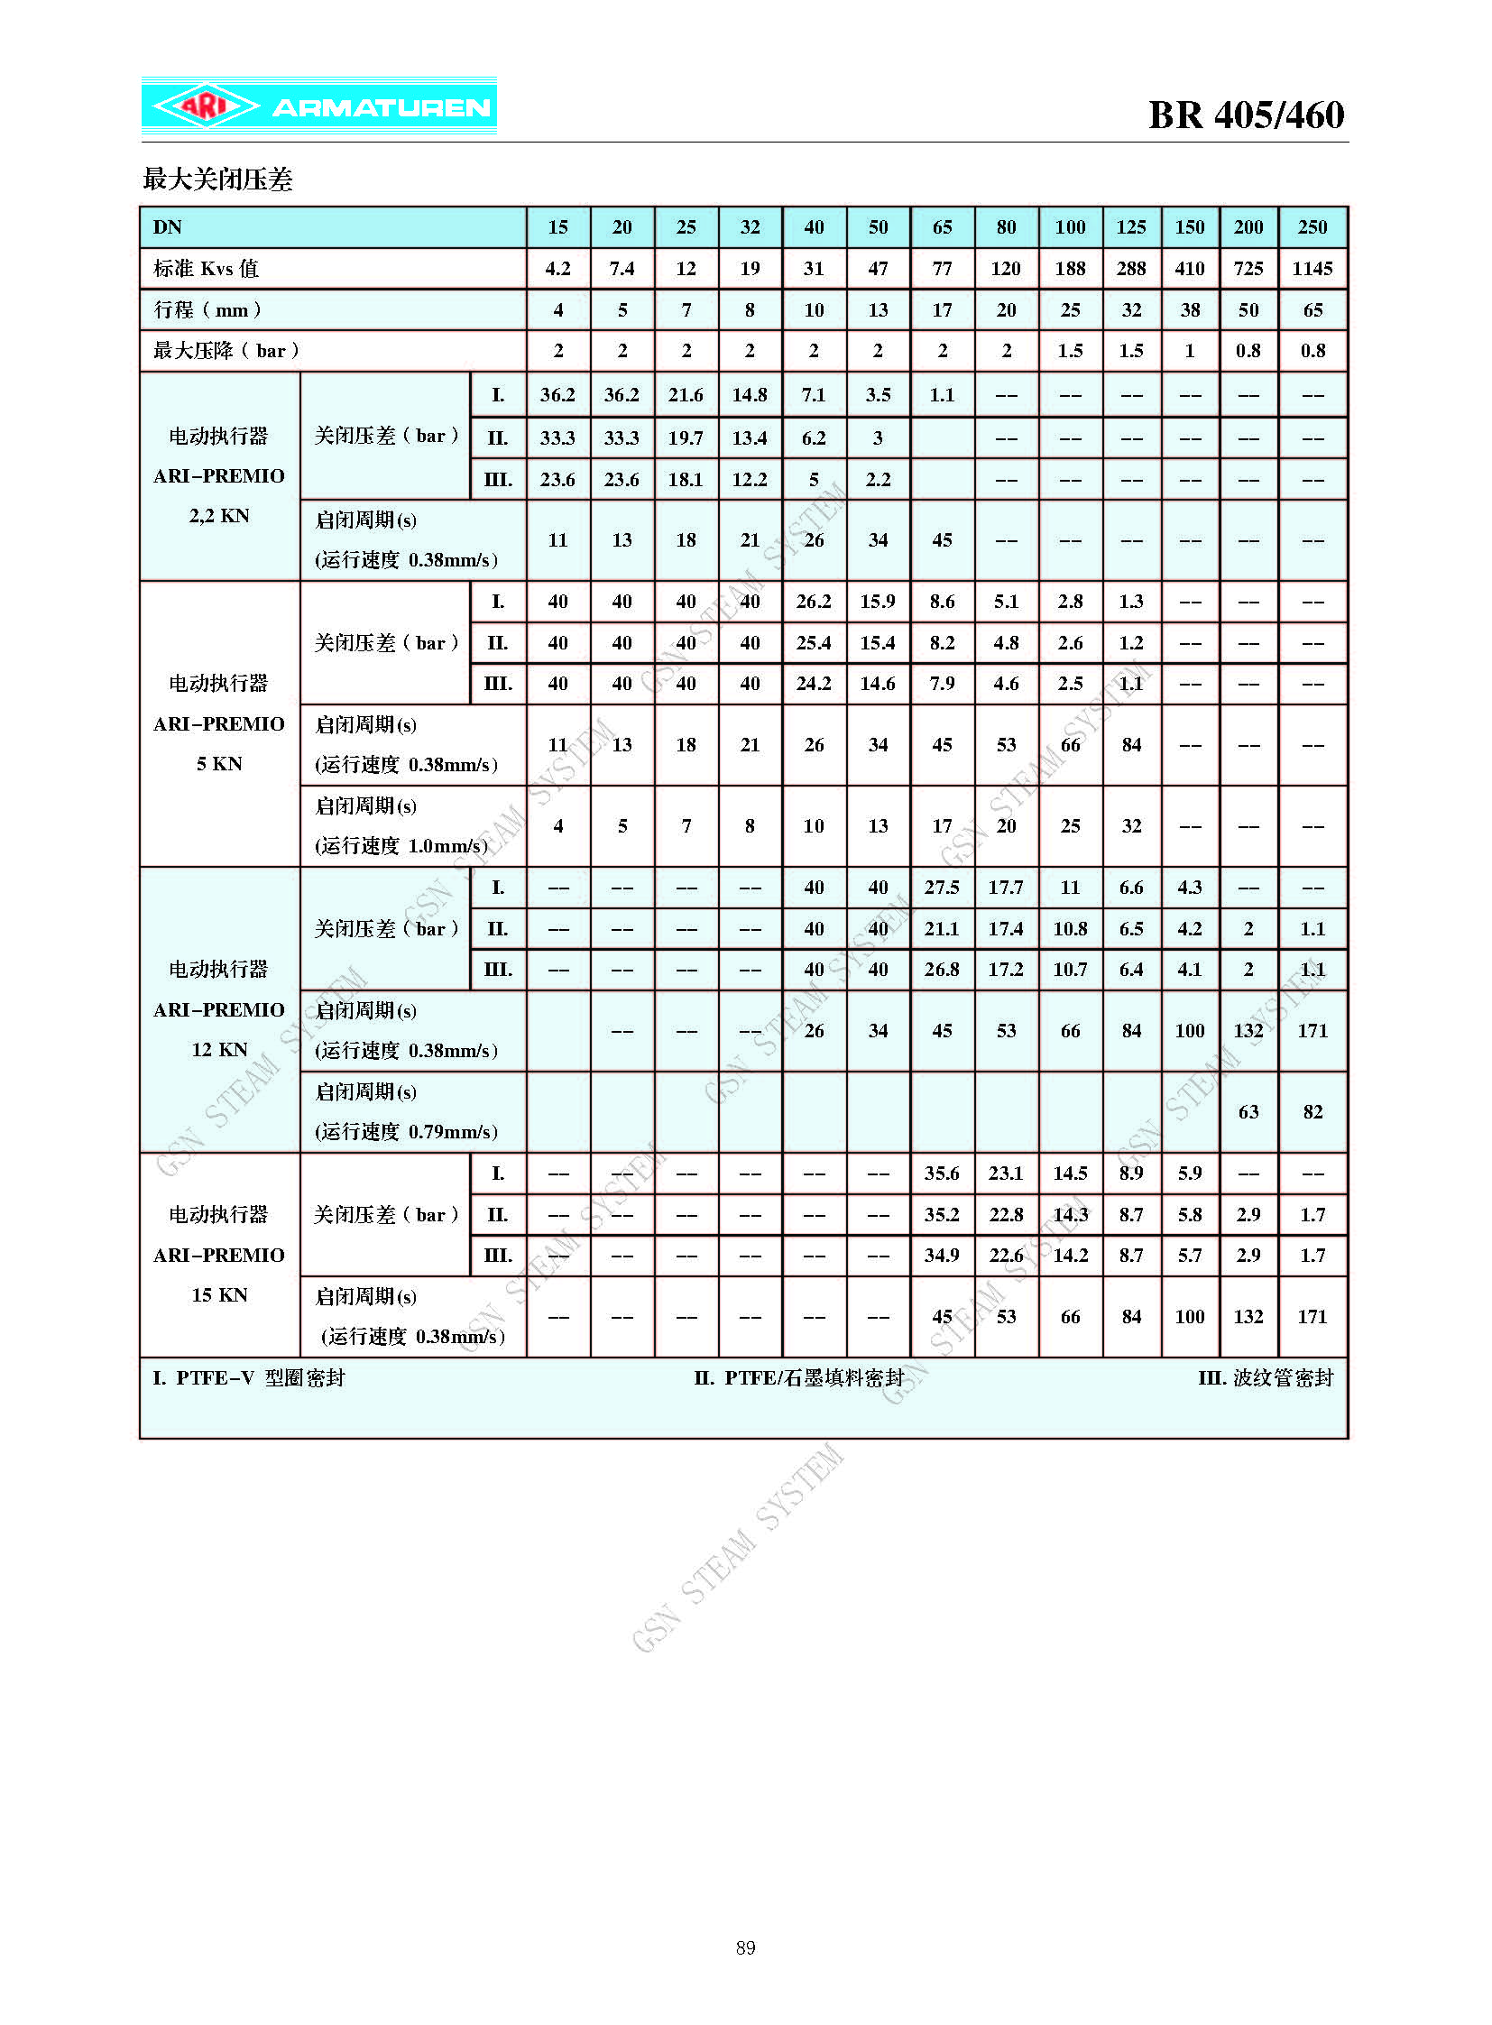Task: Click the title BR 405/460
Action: (1246, 115)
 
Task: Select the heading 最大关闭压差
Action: (217, 179)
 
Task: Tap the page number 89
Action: (745, 1947)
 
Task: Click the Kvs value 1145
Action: (1312, 268)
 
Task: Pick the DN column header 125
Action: (1131, 227)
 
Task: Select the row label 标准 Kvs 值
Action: (206, 268)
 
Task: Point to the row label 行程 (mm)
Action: (207, 309)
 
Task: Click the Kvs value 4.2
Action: (557, 268)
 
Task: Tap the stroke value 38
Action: (1190, 309)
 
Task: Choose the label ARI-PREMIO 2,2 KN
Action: (218, 476)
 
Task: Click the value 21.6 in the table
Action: (686, 395)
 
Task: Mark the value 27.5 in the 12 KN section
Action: (941, 887)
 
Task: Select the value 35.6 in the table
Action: (941, 1173)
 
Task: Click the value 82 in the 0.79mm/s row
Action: (1312, 1112)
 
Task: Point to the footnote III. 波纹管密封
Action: (1266, 1377)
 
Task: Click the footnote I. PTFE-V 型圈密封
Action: (249, 1377)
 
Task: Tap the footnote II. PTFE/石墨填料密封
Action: (798, 1377)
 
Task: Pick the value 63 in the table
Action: (1248, 1112)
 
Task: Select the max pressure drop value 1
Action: (1190, 351)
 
